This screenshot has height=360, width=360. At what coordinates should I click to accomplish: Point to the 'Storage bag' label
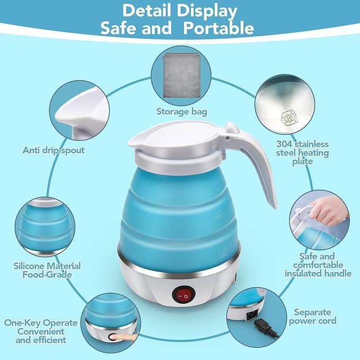pos(181,111)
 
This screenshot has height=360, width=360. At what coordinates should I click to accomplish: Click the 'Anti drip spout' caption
pos(54,150)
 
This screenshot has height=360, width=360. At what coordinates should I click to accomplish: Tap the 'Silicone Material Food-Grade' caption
pos(47,270)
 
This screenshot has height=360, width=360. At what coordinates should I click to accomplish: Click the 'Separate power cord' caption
pos(313,316)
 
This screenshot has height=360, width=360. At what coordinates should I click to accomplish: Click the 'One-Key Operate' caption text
pos(41,322)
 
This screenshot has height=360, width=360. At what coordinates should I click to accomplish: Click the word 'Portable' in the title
pos(219,28)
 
